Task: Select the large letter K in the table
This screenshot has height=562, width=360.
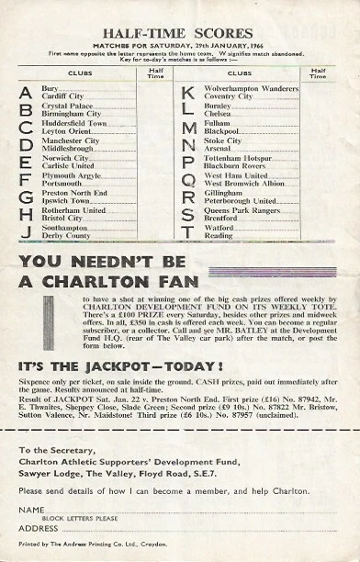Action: [x=188, y=94]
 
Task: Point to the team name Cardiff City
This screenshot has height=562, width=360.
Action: [x=65, y=97]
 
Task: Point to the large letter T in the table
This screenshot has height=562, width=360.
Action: [x=188, y=232]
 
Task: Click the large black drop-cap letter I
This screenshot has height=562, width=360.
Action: [x=33, y=324]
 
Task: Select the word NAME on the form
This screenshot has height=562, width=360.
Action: [x=30, y=509]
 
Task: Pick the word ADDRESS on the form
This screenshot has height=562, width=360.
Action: [x=38, y=528]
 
